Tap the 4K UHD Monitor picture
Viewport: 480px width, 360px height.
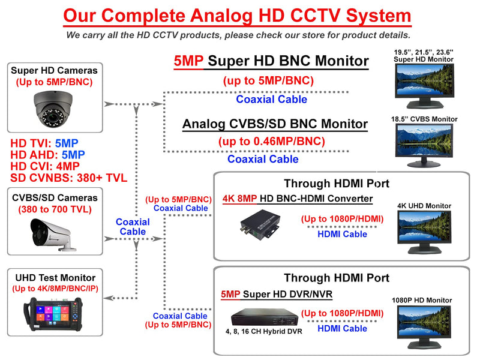click(425, 229)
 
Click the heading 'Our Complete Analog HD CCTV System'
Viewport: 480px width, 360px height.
click(238, 15)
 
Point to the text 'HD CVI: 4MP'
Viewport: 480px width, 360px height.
click(45, 166)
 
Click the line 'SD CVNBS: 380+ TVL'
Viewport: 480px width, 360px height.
click(70, 178)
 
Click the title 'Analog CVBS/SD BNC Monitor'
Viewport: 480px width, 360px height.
click(275, 124)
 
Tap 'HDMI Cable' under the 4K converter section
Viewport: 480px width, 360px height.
click(342, 234)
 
